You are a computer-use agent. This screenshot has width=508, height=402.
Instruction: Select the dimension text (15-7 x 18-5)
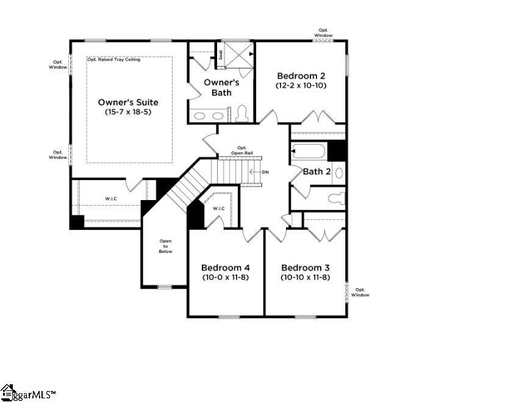point(129,112)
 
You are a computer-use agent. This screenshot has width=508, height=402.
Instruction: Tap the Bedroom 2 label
point(301,76)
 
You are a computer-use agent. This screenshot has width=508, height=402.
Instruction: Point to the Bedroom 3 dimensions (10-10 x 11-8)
point(305,277)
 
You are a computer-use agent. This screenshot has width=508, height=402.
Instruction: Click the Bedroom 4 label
point(226,267)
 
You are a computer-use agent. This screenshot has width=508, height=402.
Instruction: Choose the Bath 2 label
point(317,171)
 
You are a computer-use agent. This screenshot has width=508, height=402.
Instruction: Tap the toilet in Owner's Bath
point(241,113)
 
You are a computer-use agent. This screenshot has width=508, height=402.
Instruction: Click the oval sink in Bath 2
point(339,172)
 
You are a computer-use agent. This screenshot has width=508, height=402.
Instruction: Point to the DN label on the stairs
point(265,172)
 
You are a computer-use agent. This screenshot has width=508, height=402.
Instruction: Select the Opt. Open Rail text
point(241,150)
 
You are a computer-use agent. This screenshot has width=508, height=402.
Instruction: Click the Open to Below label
point(166,246)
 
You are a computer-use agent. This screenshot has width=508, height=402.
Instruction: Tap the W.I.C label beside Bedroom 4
point(219,209)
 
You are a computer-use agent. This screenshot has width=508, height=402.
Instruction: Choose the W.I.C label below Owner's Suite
point(110,198)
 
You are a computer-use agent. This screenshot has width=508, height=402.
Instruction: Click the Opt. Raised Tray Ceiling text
point(113,60)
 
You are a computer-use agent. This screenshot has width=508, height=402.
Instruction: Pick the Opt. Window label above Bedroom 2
point(324,32)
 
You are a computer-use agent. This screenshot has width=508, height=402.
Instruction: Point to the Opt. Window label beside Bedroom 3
point(360,292)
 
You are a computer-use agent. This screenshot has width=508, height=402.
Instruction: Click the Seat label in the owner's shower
point(221,54)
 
